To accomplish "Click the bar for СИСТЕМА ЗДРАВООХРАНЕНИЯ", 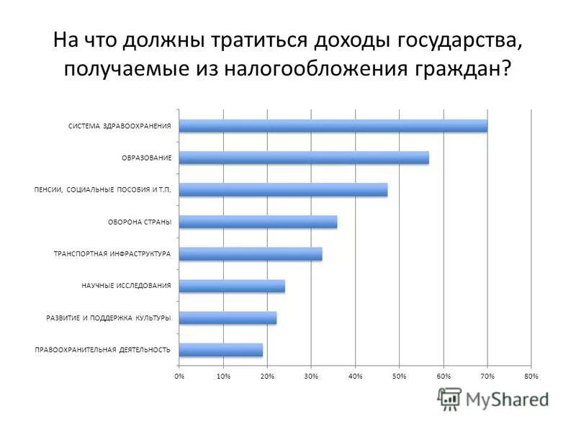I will [x=333, y=126].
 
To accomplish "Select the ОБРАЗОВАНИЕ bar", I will [x=304, y=158].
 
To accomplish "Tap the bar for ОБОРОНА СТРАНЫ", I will [x=258, y=222].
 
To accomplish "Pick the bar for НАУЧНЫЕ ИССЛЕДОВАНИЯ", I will [x=232, y=286].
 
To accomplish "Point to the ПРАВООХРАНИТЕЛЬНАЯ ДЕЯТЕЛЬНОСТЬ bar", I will [x=220, y=350].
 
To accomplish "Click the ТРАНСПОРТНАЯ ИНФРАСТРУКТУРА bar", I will [x=251, y=253].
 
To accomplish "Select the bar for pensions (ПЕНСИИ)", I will [x=283, y=190].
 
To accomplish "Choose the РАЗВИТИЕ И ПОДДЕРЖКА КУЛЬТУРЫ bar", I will [x=228, y=318].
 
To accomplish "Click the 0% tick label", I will [x=179, y=377].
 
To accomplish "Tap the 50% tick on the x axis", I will [x=400, y=377].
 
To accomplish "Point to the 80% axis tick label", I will [x=531, y=377].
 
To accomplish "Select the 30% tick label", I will [x=311, y=377].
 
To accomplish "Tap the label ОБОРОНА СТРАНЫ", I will [x=140, y=222].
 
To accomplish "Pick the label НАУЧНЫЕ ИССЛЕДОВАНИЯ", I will [x=126, y=286].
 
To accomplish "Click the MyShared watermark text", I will [x=507, y=399].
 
